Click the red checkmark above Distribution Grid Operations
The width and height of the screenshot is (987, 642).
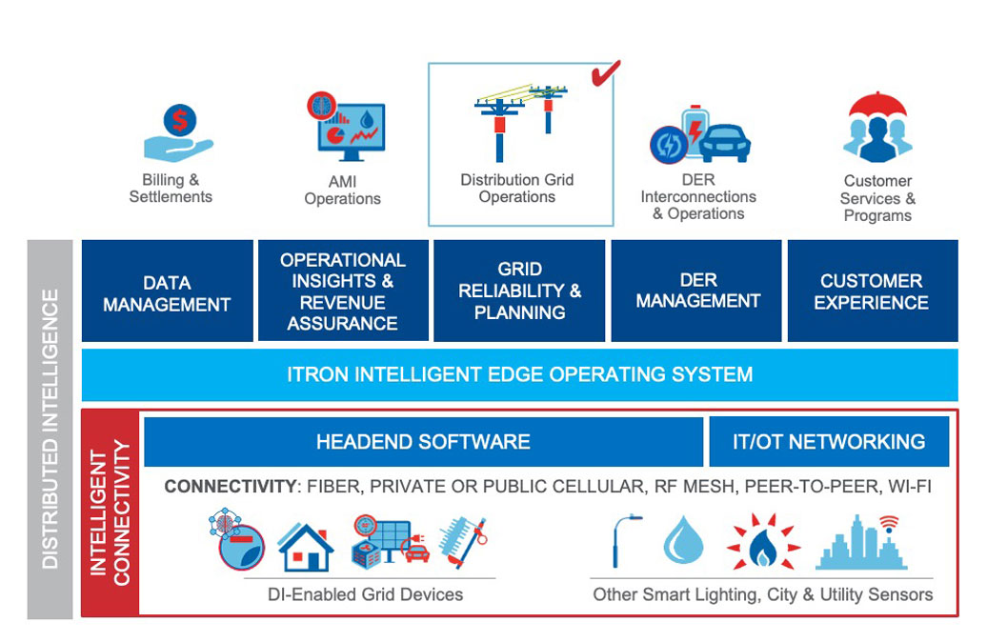tap(605, 73)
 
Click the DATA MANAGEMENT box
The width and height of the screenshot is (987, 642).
tap(167, 291)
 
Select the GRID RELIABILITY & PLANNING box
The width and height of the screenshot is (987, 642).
tap(519, 291)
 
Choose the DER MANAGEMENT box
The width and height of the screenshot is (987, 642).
tap(697, 291)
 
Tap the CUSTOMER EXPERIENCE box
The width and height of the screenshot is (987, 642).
tap(872, 291)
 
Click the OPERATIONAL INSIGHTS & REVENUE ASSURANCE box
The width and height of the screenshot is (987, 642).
tap(343, 291)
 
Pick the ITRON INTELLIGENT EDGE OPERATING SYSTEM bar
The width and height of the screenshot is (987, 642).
tap(519, 374)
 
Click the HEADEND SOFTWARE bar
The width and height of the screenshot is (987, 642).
tap(423, 442)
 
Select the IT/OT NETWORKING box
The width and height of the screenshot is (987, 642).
tap(829, 442)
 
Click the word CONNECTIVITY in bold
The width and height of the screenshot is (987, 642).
tap(231, 487)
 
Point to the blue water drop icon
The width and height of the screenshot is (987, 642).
tap(682, 541)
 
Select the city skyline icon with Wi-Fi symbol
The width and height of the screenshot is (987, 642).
tap(858, 541)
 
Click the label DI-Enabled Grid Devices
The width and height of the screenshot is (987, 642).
tap(365, 594)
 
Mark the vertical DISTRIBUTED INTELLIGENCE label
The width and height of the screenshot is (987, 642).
tap(50, 429)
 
